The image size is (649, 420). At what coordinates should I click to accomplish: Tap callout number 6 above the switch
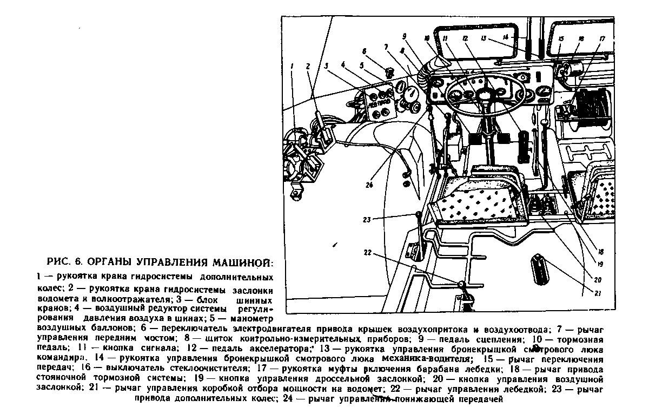[x=364, y=52]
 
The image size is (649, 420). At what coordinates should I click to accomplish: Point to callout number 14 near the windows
[x=505, y=37]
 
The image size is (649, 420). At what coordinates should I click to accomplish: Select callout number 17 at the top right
[x=602, y=39]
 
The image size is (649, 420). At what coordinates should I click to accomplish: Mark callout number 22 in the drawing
[x=368, y=253]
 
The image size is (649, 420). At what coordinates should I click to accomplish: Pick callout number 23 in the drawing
[x=368, y=219]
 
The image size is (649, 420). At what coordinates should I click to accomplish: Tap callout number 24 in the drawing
[x=370, y=185]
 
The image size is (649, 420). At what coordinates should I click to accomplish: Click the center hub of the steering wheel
[x=485, y=97]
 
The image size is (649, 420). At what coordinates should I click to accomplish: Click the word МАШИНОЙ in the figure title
[x=244, y=264]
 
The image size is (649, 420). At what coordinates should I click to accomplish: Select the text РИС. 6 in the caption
[x=65, y=264]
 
